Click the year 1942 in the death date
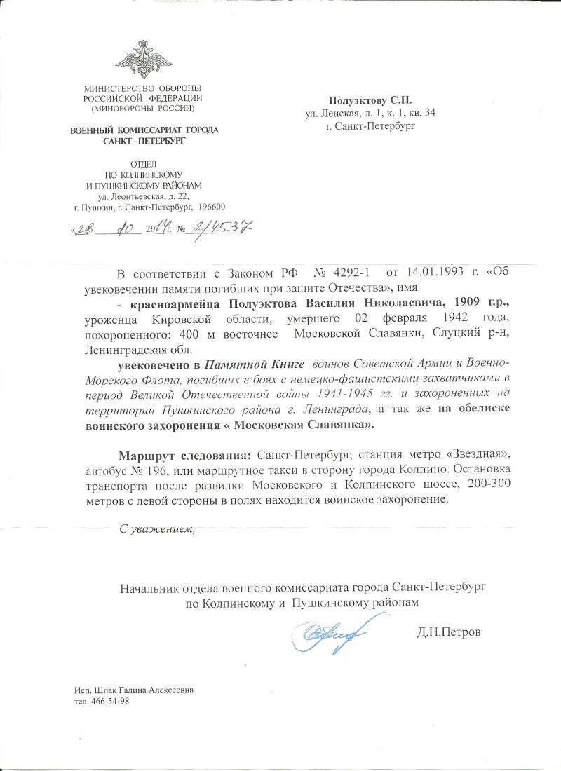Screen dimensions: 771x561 437,318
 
